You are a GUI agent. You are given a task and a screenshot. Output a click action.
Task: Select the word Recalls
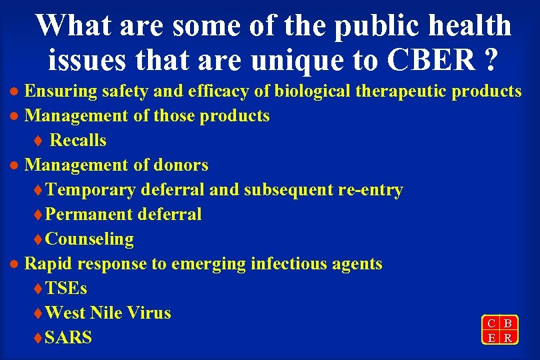[78, 141]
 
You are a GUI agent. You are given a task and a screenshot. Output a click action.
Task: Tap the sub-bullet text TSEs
[66, 289]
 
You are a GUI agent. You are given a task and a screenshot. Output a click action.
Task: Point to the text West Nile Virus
[108, 313]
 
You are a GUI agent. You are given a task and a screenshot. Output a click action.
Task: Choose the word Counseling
[90, 239]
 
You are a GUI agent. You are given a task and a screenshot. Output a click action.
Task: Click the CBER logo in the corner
[499, 330]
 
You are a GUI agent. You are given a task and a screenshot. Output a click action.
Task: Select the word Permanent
[89, 215]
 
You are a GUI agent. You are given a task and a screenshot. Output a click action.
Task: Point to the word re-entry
[371, 190]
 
